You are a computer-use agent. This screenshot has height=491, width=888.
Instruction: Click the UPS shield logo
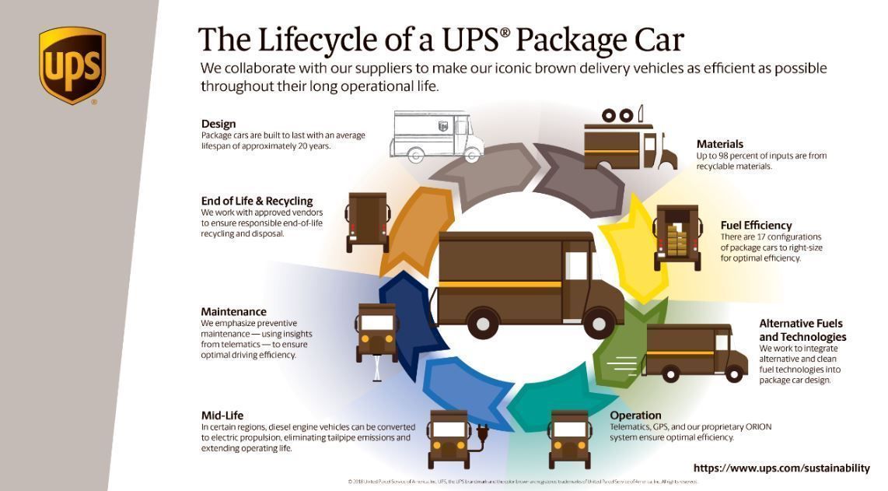coord(72,65)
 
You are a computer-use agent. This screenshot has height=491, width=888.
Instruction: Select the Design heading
coord(219,124)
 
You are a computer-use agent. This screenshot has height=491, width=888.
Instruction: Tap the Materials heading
coord(719,144)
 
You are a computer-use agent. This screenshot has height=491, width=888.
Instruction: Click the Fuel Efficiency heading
coord(756,226)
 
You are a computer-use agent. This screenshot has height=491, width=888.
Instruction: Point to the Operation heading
coord(635,416)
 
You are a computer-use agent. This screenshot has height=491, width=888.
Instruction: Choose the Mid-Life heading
coord(222,416)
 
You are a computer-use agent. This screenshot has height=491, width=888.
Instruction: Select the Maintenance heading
coord(233,312)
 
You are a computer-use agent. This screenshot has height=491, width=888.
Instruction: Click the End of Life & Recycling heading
coord(257,202)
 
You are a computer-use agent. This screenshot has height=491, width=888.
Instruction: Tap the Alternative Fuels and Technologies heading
coord(802,330)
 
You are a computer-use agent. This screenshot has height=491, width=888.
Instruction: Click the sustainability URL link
coord(781,468)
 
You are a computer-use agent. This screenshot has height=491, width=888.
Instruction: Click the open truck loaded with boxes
coord(677,237)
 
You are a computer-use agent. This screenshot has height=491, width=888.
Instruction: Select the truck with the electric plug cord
coord(449,438)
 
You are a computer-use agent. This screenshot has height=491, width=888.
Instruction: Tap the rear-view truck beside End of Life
coord(367,221)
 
